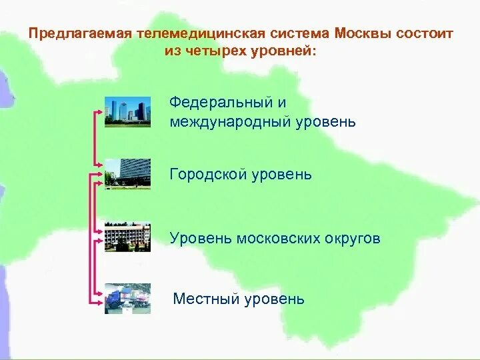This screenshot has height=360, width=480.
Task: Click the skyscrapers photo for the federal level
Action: pyautogui.click(x=127, y=109)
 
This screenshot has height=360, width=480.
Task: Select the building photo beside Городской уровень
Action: pyautogui.click(x=127, y=174)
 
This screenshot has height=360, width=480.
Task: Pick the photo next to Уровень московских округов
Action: pyautogui.click(x=127, y=237)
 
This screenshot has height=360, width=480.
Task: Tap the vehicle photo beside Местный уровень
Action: pyautogui.click(x=127, y=298)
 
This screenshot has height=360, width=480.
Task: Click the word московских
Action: pyautogui.click(x=284, y=238)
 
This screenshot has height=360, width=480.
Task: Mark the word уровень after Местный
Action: pyautogui.click(x=274, y=299)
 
